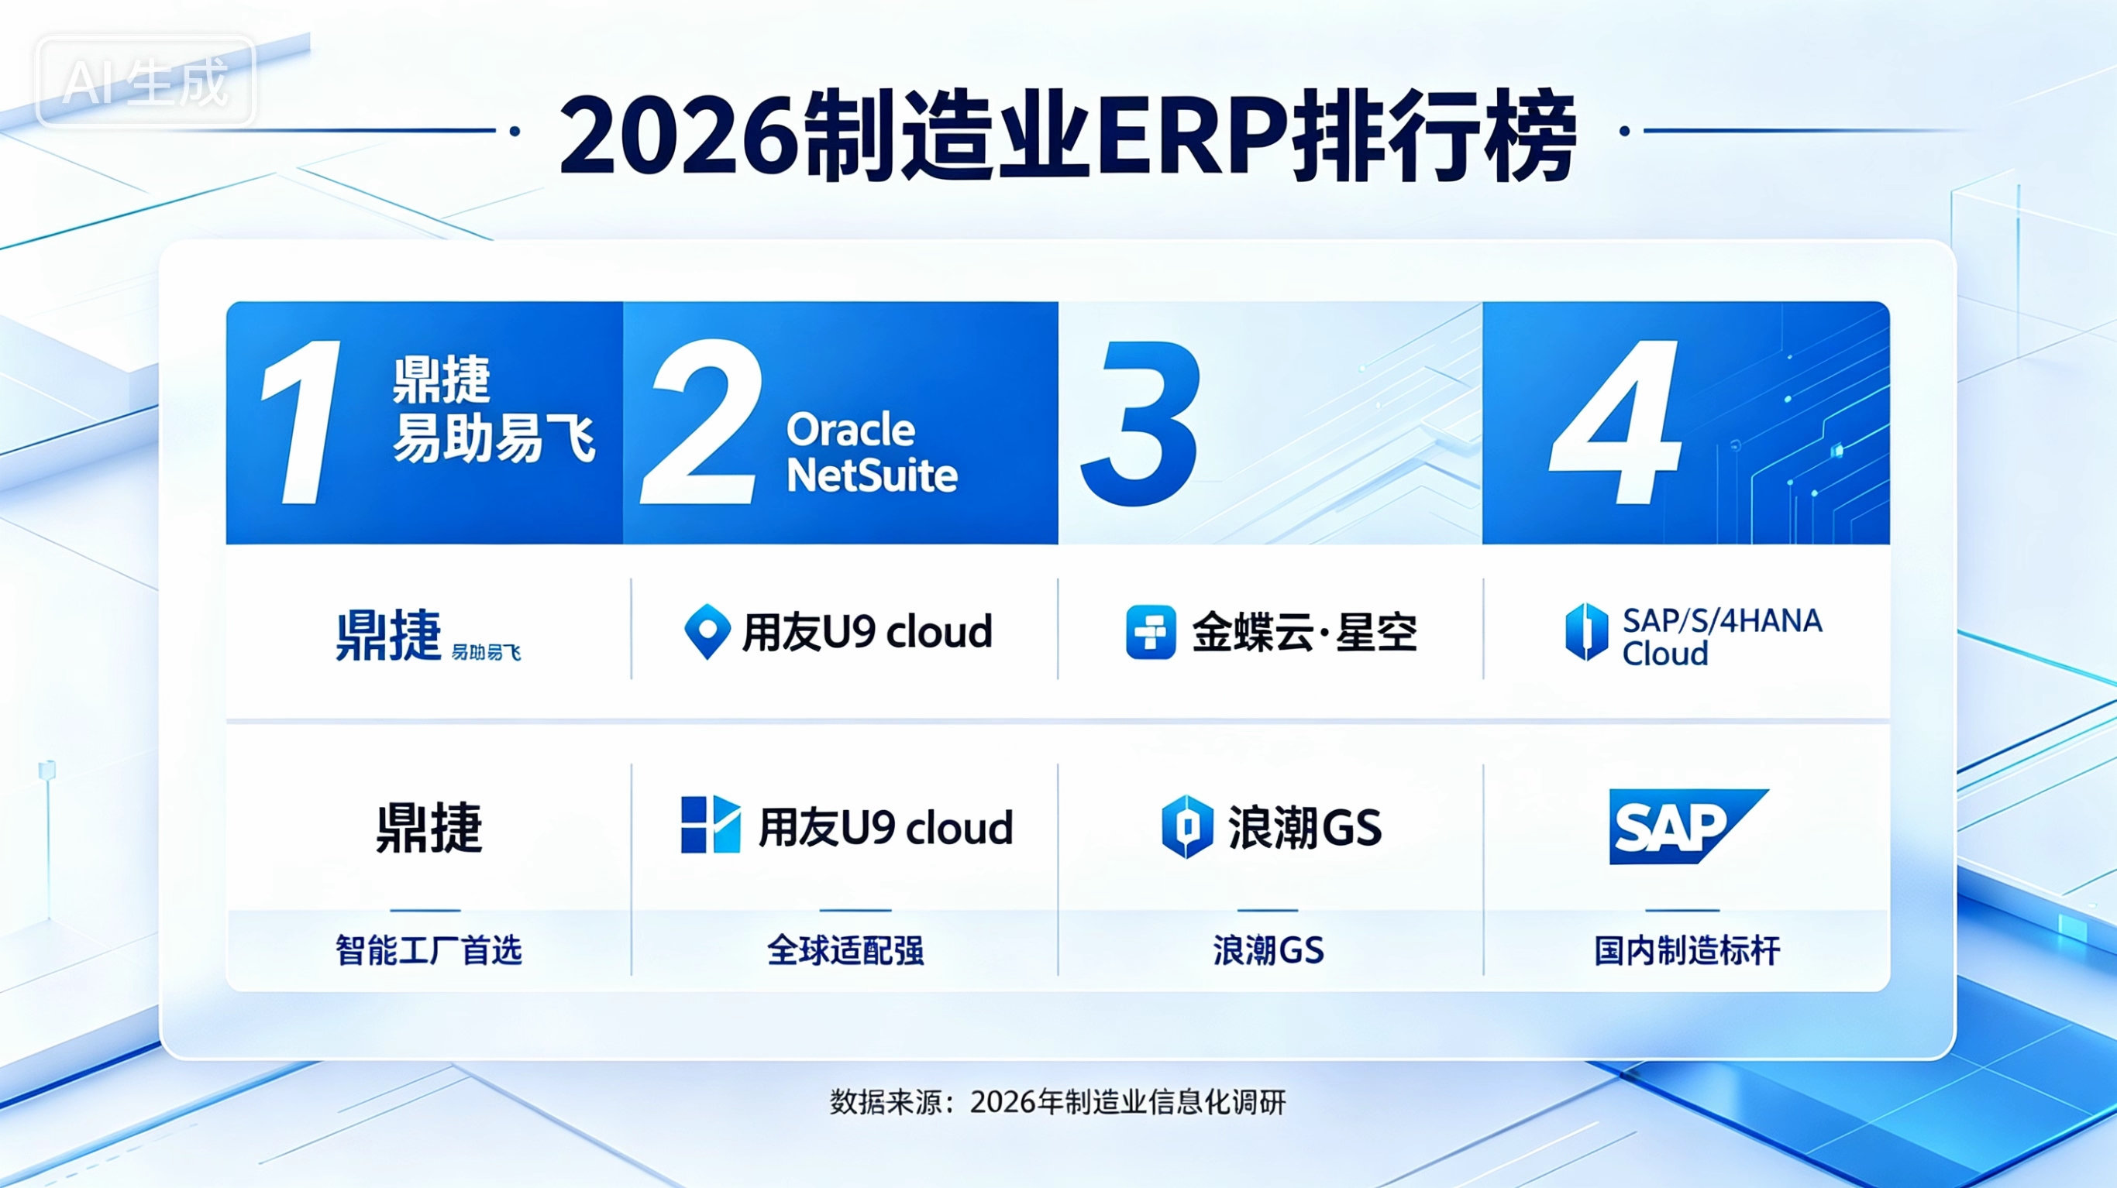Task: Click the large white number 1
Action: [x=302, y=421]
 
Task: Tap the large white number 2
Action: [x=702, y=421]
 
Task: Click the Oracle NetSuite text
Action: [x=872, y=453]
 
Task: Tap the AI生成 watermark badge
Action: [x=146, y=81]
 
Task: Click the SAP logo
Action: [x=1688, y=826]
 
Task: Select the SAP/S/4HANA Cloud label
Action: [x=1723, y=637]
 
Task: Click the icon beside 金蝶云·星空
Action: [x=1151, y=632]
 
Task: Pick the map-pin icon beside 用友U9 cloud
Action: [x=707, y=631]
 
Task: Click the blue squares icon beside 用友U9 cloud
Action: [x=711, y=824]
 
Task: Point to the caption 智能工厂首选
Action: [x=429, y=950]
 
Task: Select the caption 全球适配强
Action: [x=845, y=950]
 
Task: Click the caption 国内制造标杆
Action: [x=1688, y=950]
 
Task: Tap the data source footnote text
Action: [x=1058, y=1102]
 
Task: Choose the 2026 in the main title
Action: [x=678, y=136]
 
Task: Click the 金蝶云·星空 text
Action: [x=1305, y=633]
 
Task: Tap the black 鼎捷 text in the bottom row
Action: [x=429, y=826]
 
